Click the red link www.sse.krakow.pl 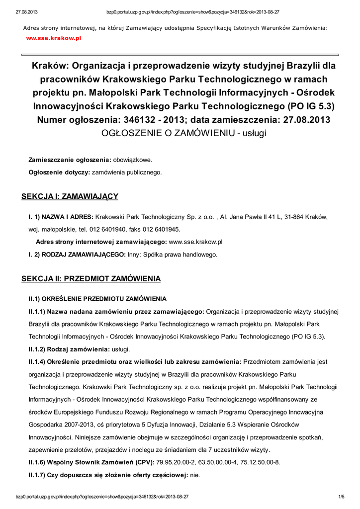pyautogui.click(x=53, y=37)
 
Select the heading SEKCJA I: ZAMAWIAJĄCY pyautogui.click(x=70, y=196)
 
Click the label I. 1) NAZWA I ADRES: pyautogui.click(x=61, y=217)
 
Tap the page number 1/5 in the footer pyautogui.click(x=342, y=497)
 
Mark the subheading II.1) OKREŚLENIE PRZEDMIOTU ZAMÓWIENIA pyautogui.click(x=97, y=299)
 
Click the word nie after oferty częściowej pyautogui.click(x=195, y=475)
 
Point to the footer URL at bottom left pyautogui.click(x=102, y=497)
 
